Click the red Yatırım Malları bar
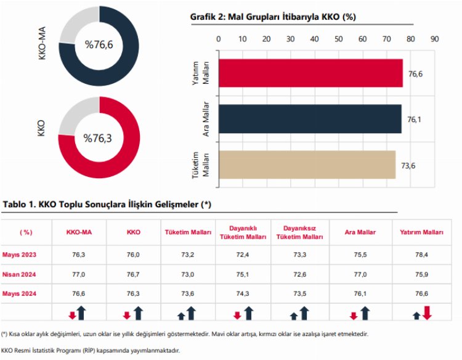[x=310, y=73]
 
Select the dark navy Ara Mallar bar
[x=309, y=119]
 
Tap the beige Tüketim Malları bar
[x=306, y=165]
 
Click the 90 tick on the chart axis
[x=434, y=38]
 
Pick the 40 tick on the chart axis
[x=315, y=38]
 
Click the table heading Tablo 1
[x=108, y=204]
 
